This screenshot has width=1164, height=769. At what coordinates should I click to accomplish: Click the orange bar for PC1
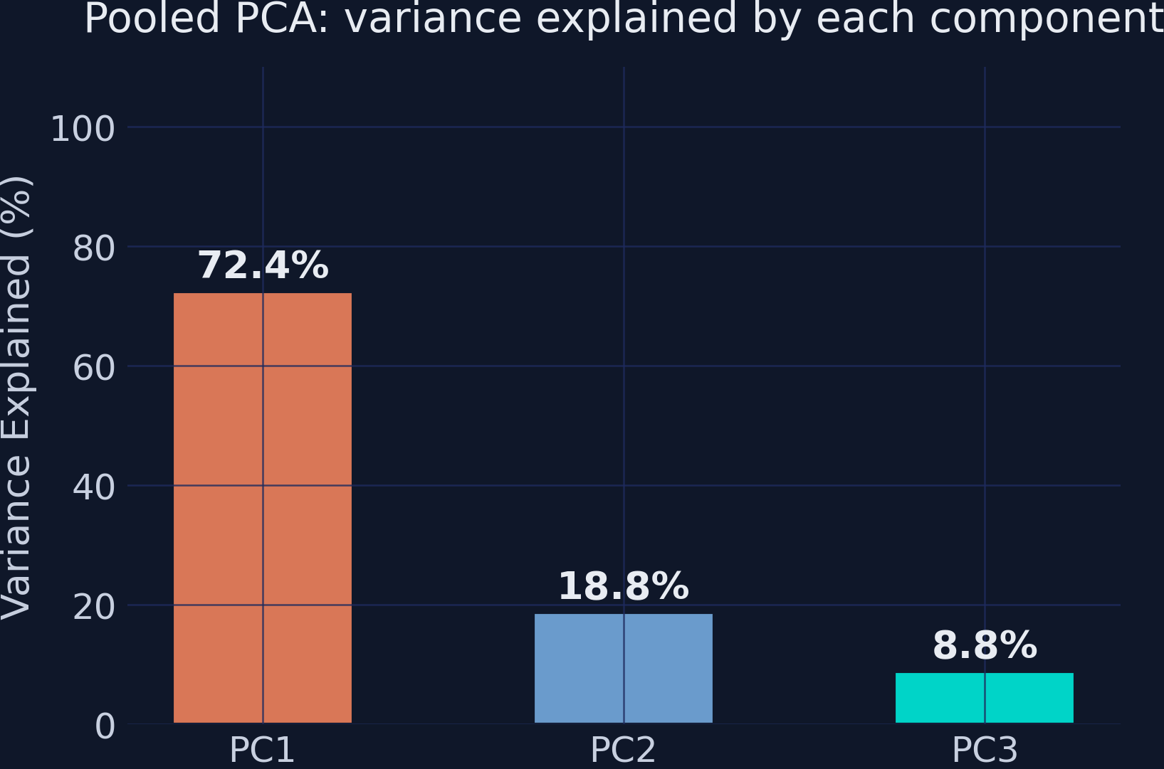[x=263, y=508]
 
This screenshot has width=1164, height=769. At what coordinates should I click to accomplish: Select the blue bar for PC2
[x=623, y=668]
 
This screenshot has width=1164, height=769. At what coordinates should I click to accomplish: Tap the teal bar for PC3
[x=984, y=698]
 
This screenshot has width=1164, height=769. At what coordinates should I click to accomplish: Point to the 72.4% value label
[x=263, y=265]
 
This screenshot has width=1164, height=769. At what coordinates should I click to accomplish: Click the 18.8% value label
[x=623, y=587]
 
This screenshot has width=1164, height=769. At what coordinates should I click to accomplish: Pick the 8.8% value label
[x=984, y=646]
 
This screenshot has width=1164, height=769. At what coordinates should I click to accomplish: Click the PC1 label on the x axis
[x=262, y=750]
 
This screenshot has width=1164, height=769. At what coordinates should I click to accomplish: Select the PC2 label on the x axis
[x=623, y=750]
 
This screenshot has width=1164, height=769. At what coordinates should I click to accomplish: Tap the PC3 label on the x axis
[x=985, y=750]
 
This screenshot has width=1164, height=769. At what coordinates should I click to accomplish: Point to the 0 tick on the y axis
[x=105, y=726]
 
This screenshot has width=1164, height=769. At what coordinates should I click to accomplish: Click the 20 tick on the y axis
[x=93, y=607]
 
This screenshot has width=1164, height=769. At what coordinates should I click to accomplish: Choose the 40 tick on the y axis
[x=93, y=487]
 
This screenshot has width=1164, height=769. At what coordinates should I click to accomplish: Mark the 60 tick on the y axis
[x=93, y=368]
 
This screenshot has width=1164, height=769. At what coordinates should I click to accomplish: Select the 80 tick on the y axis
[x=93, y=248]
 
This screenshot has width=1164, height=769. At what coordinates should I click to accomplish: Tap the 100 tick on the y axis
[x=83, y=129]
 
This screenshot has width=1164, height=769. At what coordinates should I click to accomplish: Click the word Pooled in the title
[x=152, y=18]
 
